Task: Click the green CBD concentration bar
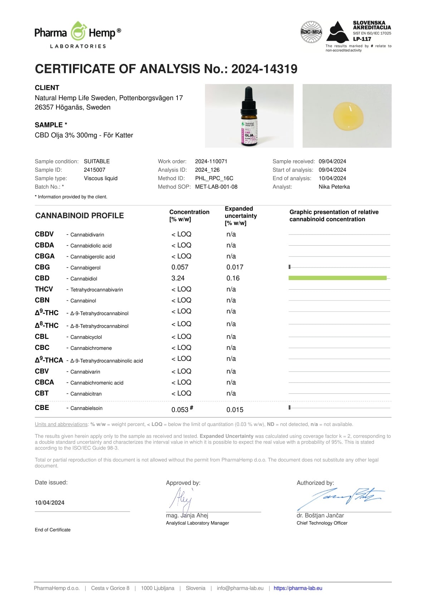pyautogui.click(x=337, y=278)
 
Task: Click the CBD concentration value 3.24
pyautogui.click(x=178, y=278)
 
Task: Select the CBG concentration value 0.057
pyautogui.click(x=180, y=267)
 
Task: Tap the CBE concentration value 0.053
pyautogui.click(x=180, y=410)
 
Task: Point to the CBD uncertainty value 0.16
pyautogui.click(x=233, y=278)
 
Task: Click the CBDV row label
pyautogui.click(x=44, y=234)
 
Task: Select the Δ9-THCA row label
pyautogui.click(x=49, y=360)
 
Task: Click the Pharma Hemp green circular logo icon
pyautogui.click(x=78, y=32)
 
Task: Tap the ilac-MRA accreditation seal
pyautogui.click(x=311, y=32)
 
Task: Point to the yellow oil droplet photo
pyautogui.click(x=348, y=116)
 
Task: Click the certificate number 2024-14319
pyautogui.click(x=264, y=69)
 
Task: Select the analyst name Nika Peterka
pyautogui.click(x=334, y=187)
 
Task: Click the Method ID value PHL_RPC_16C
pyautogui.click(x=214, y=178)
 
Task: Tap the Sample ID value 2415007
pyautogui.click(x=94, y=170)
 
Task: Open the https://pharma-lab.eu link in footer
pyautogui.click(x=298, y=588)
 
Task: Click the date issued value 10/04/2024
pyautogui.click(x=50, y=503)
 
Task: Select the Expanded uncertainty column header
pyautogui.click(x=241, y=216)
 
